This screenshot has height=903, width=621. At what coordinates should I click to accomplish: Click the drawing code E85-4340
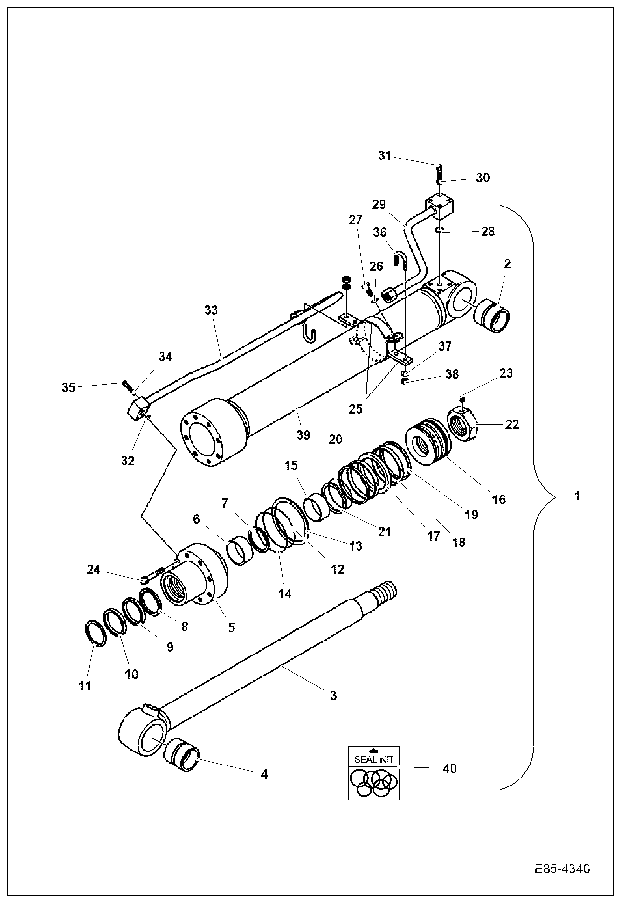[562, 869]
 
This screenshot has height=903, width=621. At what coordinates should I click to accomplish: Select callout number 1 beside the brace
[577, 496]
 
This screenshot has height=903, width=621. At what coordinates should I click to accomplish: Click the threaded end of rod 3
[385, 592]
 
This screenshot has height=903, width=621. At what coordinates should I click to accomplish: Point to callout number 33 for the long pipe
[211, 310]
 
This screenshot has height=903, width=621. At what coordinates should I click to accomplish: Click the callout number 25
[355, 409]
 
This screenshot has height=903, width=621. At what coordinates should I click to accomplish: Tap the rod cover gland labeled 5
[193, 578]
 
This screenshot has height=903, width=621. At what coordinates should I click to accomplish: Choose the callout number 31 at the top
[385, 156]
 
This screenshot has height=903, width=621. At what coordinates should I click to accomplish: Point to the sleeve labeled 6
[240, 551]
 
